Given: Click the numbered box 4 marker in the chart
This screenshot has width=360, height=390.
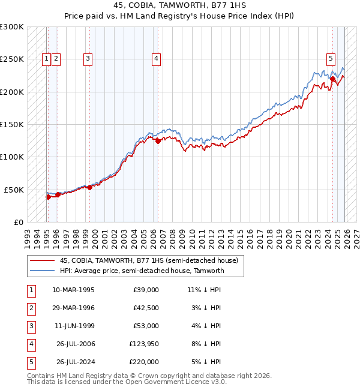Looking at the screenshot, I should [x=155, y=59].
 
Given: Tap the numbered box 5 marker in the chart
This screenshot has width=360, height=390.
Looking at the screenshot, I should [x=331, y=59].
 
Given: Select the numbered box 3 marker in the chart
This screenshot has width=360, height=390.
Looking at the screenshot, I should [x=88, y=59].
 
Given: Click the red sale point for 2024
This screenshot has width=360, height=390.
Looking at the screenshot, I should [x=332, y=78].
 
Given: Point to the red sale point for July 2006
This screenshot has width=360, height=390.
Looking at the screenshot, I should [x=158, y=142].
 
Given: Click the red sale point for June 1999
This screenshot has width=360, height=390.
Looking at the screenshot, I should [x=90, y=187].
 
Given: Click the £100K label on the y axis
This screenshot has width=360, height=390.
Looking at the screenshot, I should [x=12, y=157].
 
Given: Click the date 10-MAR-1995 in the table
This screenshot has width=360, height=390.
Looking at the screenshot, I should [x=73, y=289].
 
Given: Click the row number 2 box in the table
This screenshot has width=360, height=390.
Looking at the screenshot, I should [x=29, y=308].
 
